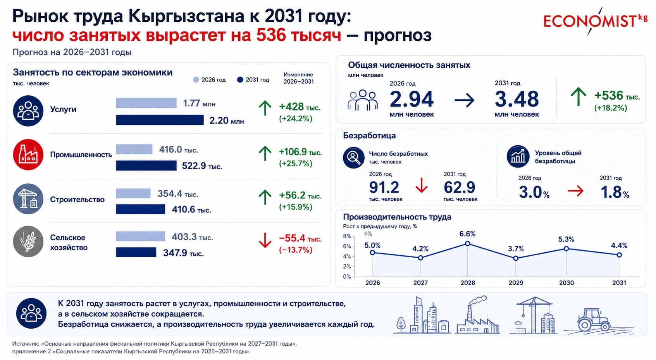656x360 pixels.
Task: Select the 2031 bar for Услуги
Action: pyautogui.click(x=160, y=120)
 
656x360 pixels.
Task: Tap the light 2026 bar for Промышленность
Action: pyautogui.click(x=134, y=150)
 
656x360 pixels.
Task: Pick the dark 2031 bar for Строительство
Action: pyautogui.click(x=141, y=209)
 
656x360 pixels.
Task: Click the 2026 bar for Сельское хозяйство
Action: pyautogui.click(x=141, y=236)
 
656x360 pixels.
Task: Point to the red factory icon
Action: pyautogui.click(x=28, y=155)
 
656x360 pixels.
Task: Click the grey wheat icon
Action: pyautogui.click(x=28, y=242)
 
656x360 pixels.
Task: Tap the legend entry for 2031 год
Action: pyautogui.click(x=253, y=80)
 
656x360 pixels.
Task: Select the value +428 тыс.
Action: pyautogui.click(x=300, y=107)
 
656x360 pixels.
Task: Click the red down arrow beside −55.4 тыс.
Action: pyautogui.click(x=265, y=240)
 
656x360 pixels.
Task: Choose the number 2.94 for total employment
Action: pyautogui.click(x=412, y=99)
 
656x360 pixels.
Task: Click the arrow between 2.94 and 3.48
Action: pyautogui.click(x=465, y=100)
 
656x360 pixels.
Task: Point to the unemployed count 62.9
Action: pyautogui.click(x=459, y=188)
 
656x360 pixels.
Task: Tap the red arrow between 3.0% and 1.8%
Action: pyautogui.click(x=575, y=191)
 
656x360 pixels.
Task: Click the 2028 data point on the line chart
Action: pyautogui.click(x=468, y=244)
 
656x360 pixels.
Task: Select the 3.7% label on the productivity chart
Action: pyautogui.click(x=516, y=249)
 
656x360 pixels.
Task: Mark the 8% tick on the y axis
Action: pyautogui.click(x=347, y=236)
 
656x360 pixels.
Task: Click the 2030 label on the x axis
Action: pyautogui.click(x=566, y=283)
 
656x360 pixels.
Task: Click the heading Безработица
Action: pyautogui.click(x=369, y=136)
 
